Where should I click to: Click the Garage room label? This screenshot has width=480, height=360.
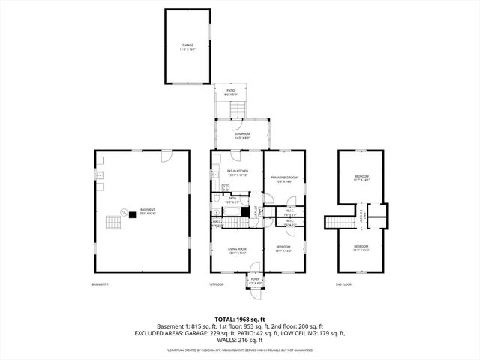point(187,47)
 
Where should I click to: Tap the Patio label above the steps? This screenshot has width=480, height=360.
point(230,93)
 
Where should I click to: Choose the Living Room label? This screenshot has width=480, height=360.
point(237,250)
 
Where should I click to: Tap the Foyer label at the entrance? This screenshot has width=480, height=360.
point(255,280)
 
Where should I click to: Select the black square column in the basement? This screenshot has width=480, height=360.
point(132,214)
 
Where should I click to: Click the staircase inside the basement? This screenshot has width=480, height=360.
point(113,223)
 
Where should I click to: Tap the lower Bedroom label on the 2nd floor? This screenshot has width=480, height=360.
point(361,247)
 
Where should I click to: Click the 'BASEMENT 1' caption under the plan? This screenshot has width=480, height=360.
point(100,284)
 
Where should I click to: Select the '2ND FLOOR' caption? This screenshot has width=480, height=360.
point(343,284)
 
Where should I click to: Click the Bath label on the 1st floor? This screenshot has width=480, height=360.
point(232,199)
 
